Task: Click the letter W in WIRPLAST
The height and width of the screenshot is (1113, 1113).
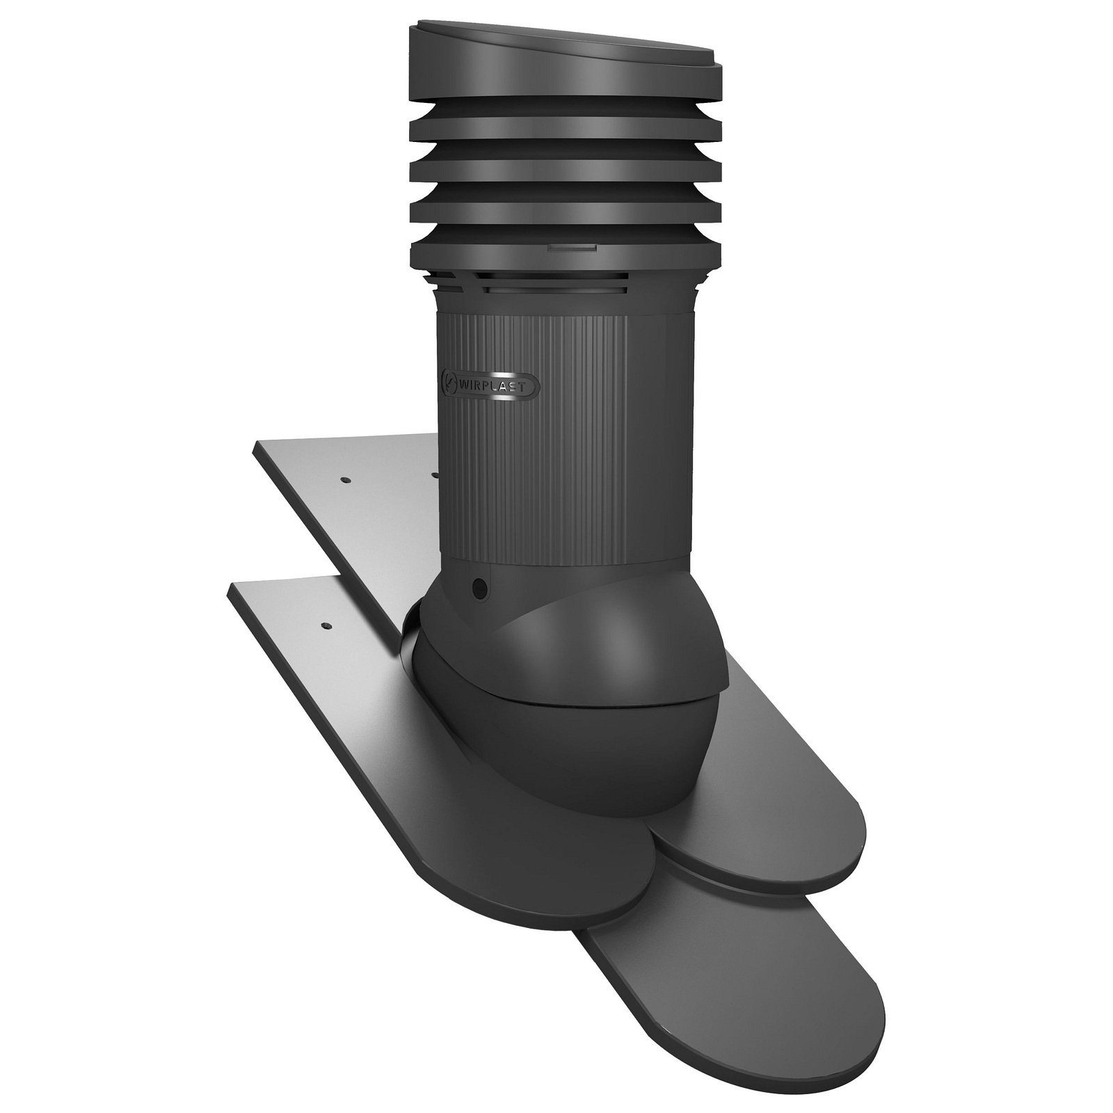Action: (465, 382)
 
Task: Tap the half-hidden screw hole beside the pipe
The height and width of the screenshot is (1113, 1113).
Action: (435, 475)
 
